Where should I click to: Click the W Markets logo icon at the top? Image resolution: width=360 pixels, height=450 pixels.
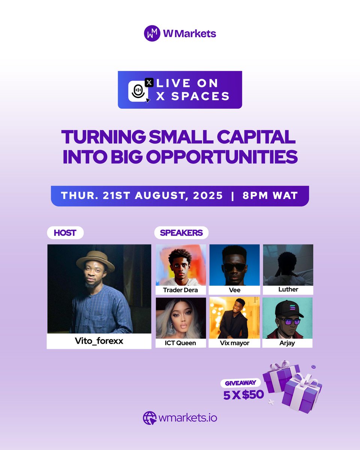152,33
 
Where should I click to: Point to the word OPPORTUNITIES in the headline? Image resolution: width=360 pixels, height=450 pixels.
222,157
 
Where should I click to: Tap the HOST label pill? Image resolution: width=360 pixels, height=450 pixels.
65,233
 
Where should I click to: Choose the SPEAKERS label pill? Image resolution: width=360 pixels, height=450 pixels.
181,233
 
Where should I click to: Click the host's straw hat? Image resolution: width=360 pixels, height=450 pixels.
95,261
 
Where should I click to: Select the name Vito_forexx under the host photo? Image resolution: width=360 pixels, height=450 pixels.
99,341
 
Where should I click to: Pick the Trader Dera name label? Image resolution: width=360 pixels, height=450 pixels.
181,290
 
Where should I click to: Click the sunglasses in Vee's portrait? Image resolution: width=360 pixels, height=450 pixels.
235,267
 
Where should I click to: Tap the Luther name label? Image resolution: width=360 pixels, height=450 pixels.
288,290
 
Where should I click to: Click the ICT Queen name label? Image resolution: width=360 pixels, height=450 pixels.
181,343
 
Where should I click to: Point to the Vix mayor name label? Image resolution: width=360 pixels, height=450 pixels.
234,343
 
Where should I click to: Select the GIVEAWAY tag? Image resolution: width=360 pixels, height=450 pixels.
240,383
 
